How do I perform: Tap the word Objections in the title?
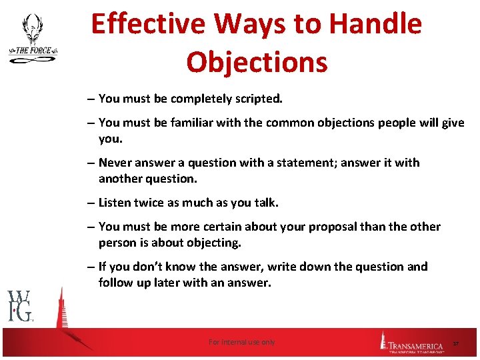[x=257, y=62]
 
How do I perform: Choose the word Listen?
[x=116, y=203]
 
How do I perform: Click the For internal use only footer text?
[x=241, y=342]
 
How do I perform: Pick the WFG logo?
[x=20, y=306]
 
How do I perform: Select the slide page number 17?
[x=456, y=343]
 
